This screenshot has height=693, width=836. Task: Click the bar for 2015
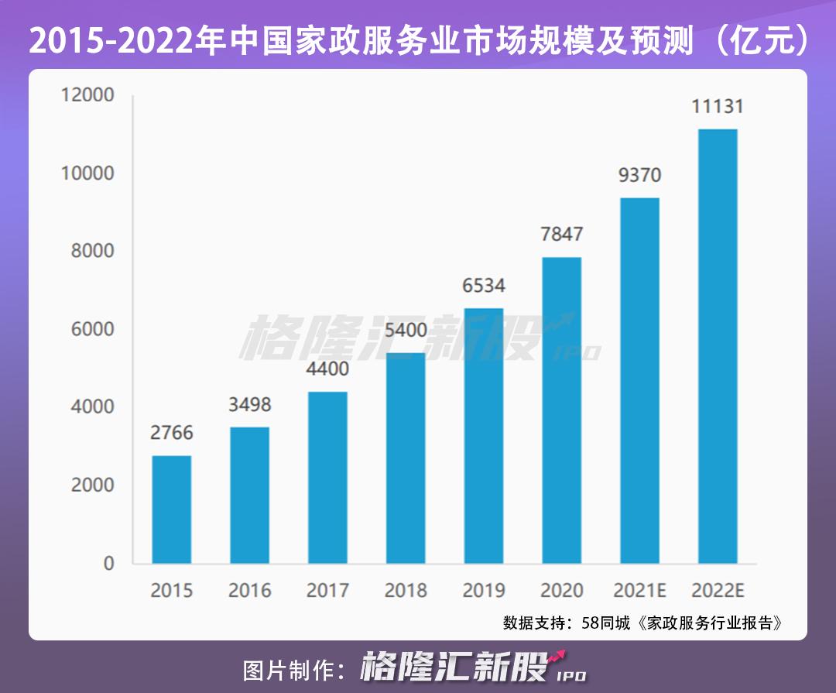click(x=171, y=509)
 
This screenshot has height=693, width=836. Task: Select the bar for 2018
click(x=406, y=458)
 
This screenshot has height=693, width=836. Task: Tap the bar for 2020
click(x=561, y=410)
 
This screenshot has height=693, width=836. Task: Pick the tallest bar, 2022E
click(x=718, y=346)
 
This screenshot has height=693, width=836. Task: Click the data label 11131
click(x=718, y=107)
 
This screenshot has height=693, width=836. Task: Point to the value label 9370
click(x=639, y=175)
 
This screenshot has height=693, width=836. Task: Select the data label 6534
click(x=483, y=286)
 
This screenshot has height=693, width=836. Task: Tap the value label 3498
click(x=249, y=404)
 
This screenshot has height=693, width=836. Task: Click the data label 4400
click(x=327, y=369)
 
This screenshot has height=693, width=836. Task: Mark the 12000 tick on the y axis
click(x=87, y=95)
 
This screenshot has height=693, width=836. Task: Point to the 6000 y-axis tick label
click(x=87, y=329)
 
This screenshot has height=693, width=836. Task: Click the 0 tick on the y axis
click(x=108, y=563)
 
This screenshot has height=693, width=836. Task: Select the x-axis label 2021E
click(x=639, y=591)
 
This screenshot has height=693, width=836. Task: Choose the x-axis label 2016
click(x=249, y=591)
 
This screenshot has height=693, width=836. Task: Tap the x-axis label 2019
click(x=483, y=591)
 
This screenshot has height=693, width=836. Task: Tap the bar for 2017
click(x=327, y=477)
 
